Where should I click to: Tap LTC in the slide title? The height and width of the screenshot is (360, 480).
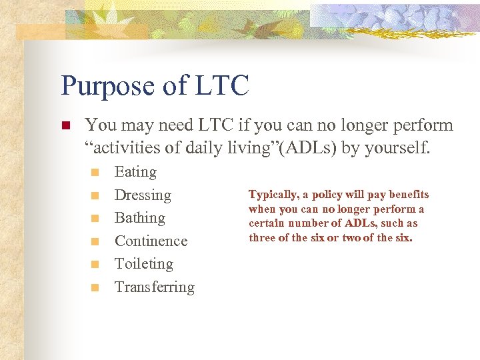click(222, 86)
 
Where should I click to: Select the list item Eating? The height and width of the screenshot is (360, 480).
click(135, 172)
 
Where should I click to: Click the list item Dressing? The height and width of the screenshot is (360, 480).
click(143, 195)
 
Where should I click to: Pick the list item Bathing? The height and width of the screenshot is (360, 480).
click(139, 218)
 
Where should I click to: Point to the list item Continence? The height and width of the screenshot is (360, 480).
click(151, 241)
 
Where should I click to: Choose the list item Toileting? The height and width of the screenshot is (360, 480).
click(143, 264)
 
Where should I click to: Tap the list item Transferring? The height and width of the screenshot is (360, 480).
click(155, 287)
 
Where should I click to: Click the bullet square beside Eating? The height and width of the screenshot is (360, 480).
click(95, 173)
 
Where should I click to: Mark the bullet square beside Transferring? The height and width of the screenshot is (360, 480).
click(95, 288)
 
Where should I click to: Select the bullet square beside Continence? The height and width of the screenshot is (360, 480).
click(95, 241)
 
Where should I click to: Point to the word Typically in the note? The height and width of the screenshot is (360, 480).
click(272, 195)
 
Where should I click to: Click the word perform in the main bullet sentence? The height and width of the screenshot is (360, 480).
click(422, 125)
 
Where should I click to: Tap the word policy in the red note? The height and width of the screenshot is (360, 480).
click(327, 195)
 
